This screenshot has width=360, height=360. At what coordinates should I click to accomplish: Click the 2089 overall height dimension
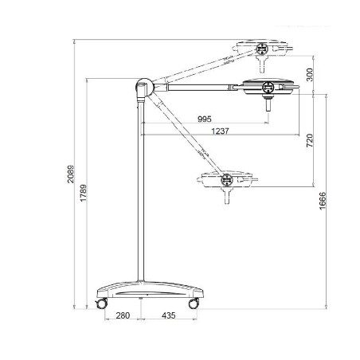(x=71, y=174)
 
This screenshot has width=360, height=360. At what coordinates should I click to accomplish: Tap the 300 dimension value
(x=310, y=74)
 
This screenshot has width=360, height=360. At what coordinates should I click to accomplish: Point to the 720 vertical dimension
(x=310, y=141)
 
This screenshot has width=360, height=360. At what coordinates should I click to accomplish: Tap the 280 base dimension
(x=123, y=316)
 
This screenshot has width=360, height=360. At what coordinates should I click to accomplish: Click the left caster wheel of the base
(x=102, y=303)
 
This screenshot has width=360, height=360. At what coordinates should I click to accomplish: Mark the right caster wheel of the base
(x=194, y=303)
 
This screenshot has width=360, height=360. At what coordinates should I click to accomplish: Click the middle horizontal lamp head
(x=268, y=86)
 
